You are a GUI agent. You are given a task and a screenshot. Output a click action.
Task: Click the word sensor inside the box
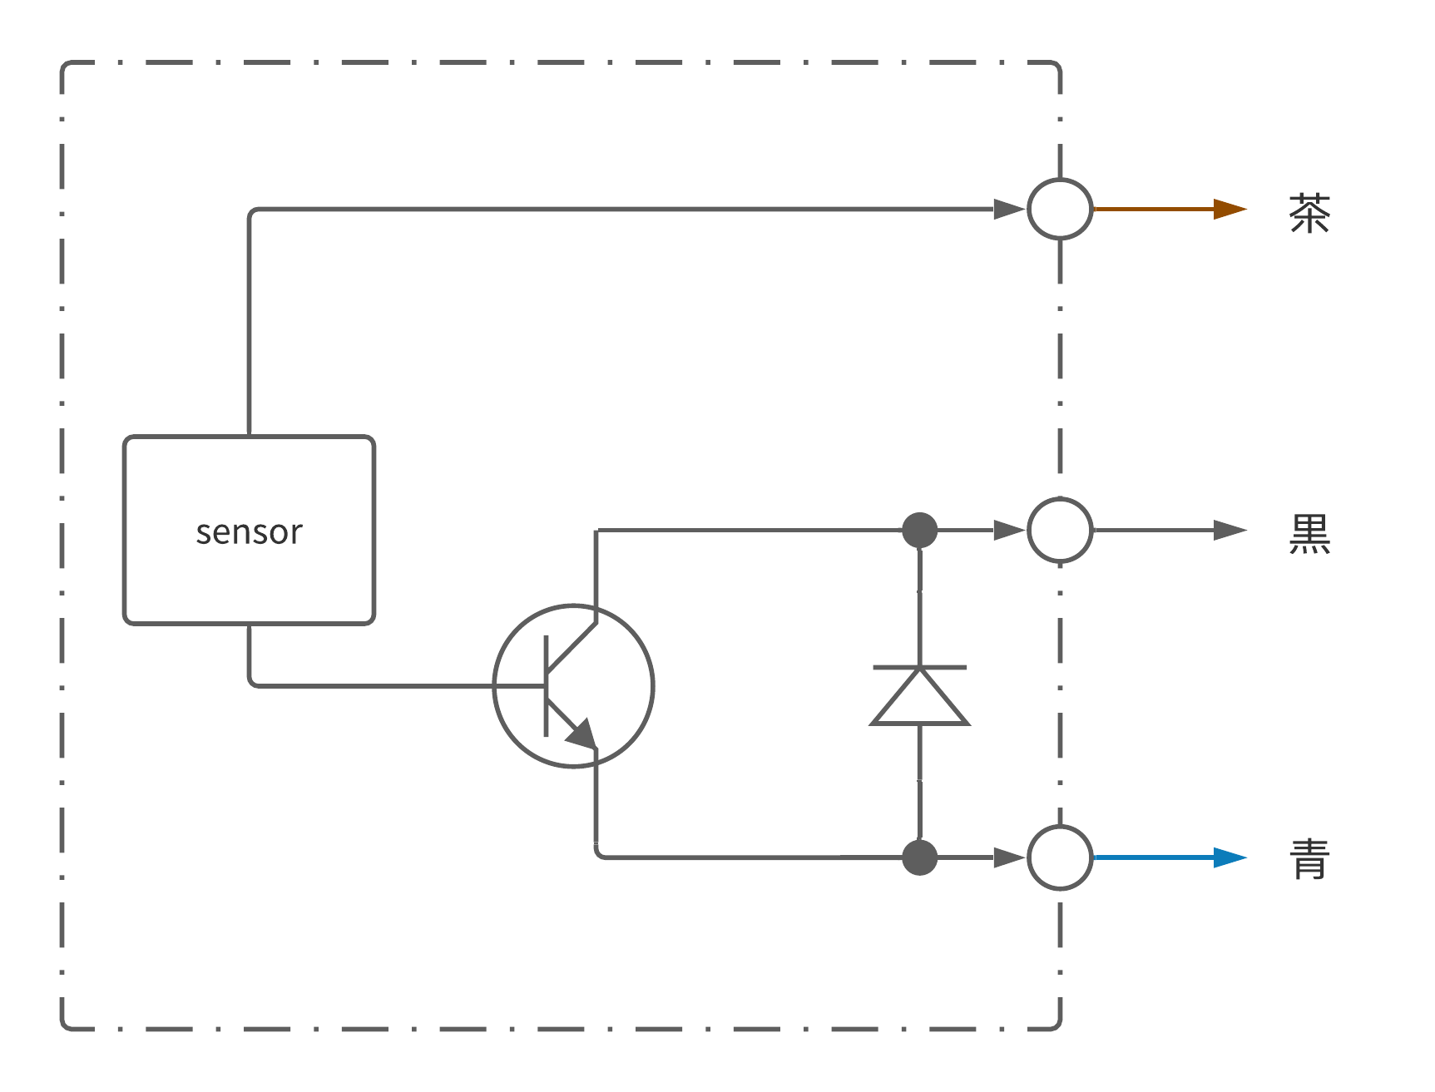point(249,532)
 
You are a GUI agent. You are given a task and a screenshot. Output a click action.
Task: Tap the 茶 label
point(1309,213)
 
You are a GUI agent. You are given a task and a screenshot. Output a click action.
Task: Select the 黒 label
point(1309,533)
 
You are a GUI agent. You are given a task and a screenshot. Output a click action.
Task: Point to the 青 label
point(1309,859)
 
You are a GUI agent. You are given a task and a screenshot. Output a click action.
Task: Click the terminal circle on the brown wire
point(1060,209)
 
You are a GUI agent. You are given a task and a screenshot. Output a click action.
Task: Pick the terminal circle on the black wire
point(1060,530)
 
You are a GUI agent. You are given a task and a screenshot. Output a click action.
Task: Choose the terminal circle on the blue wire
point(1060,857)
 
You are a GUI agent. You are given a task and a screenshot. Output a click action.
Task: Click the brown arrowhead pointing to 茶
point(1229,209)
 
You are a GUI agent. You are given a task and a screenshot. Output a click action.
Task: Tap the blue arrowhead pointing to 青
point(1229,857)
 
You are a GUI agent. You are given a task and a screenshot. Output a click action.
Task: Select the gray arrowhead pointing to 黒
point(1229,530)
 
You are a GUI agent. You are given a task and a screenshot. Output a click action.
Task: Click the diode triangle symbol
point(919,701)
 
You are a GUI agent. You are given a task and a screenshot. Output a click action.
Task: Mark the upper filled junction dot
point(919,530)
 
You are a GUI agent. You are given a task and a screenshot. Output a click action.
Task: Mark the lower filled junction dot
point(919,857)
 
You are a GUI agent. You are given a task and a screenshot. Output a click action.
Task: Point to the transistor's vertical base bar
point(546,686)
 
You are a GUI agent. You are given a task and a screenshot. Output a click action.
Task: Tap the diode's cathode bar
point(919,667)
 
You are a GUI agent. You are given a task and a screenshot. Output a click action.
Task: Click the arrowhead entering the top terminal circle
point(1008,209)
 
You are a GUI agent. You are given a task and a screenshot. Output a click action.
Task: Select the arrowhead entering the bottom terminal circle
point(1008,857)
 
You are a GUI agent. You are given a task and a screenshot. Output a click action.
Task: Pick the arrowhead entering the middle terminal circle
point(1008,530)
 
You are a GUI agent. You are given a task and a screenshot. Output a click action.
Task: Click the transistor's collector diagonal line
point(572,647)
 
